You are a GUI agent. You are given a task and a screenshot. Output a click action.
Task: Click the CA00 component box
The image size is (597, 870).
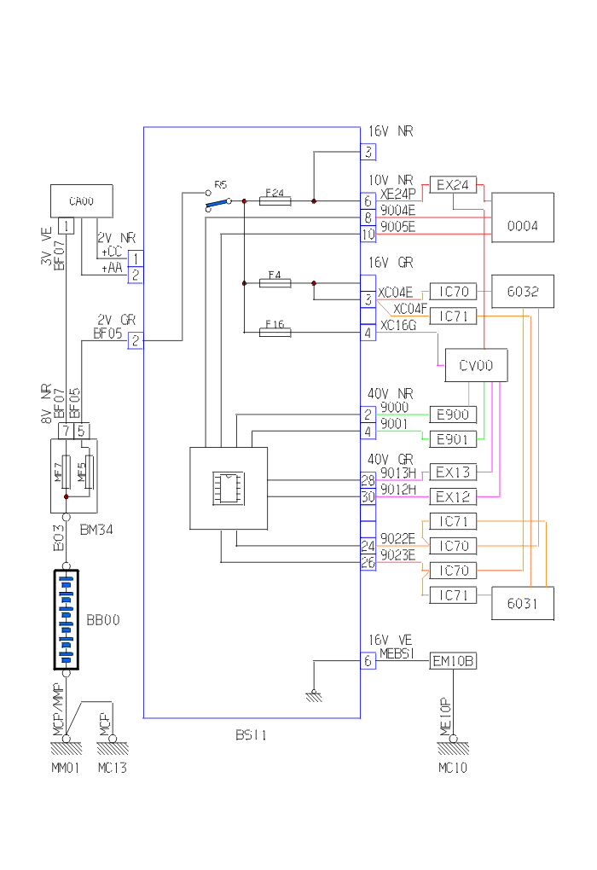[x=80, y=201]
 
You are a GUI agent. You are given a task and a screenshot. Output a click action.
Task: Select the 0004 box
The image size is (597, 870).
[x=523, y=226]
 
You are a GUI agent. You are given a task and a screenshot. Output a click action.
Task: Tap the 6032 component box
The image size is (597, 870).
[x=523, y=291]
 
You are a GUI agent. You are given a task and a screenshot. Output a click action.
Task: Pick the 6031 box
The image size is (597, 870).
[x=523, y=604]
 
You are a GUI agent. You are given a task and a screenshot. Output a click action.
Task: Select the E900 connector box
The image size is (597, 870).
[x=453, y=415]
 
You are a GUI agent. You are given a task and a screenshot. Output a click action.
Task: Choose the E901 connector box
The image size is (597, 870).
[x=453, y=439]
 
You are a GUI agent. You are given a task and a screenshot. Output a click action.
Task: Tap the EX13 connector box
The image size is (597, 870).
[x=453, y=472]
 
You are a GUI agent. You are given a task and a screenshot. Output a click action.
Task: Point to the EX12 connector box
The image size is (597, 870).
[x=453, y=496]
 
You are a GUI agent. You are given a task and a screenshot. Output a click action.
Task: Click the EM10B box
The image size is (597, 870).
[x=453, y=661]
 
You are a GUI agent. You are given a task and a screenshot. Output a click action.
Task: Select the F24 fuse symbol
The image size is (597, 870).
[x=275, y=201]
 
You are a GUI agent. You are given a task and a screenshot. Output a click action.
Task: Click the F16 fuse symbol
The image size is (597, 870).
[x=275, y=332]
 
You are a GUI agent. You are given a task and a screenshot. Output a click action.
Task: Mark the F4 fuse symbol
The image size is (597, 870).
[x=275, y=282]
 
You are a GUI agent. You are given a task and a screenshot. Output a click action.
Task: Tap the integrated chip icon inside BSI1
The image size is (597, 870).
[x=228, y=487]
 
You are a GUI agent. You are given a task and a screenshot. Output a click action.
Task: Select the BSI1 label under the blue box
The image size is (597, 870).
[x=252, y=734]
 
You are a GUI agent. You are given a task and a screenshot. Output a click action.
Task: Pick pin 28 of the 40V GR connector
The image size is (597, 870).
[x=368, y=481]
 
